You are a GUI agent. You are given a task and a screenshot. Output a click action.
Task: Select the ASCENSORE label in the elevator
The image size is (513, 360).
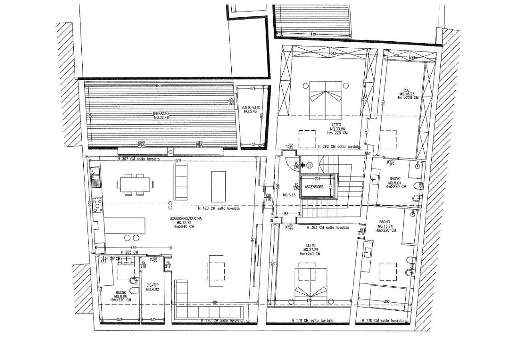point(314,187)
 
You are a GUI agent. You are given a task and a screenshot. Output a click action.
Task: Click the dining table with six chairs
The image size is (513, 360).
point(135,184)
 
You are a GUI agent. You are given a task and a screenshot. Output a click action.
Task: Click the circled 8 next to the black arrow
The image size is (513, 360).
point(310,164)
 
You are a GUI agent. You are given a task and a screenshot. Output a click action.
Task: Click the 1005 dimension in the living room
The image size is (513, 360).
point(178,161)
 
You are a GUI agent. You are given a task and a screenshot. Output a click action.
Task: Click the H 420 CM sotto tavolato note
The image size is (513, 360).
point(219,209)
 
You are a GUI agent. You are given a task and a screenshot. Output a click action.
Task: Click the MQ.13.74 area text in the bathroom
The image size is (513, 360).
point(385,226)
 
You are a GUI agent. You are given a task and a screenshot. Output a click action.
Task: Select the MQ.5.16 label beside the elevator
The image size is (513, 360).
point(289,195)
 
